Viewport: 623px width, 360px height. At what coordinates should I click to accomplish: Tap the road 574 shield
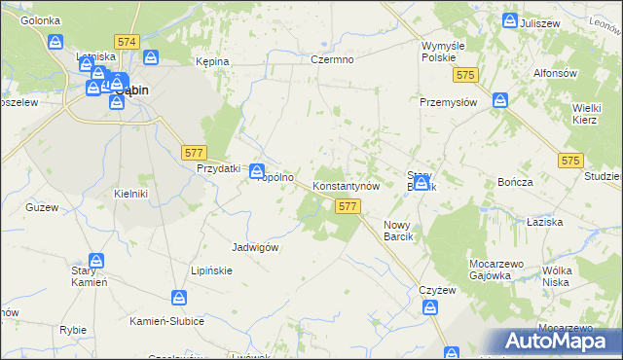click(126, 43)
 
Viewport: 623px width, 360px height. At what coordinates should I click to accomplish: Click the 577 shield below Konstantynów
click(348, 206)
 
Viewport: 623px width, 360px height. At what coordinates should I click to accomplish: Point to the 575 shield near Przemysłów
click(468, 76)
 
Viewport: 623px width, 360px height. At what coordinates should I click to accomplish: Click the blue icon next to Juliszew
click(510, 20)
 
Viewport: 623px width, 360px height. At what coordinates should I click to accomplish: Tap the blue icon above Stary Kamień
click(96, 261)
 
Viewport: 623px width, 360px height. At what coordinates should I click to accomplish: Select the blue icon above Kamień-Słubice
click(180, 298)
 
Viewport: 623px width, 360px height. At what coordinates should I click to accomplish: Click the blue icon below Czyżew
click(430, 307)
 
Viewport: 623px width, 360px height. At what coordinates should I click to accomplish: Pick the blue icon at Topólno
click(257, 170)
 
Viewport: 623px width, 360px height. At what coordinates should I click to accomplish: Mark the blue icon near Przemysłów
click(499, 99)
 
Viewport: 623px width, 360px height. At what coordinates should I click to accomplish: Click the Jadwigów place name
click(256, 247)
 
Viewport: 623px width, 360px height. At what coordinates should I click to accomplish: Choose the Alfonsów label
click(558, 73)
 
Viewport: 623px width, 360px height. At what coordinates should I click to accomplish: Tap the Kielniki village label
click(130, 194)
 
